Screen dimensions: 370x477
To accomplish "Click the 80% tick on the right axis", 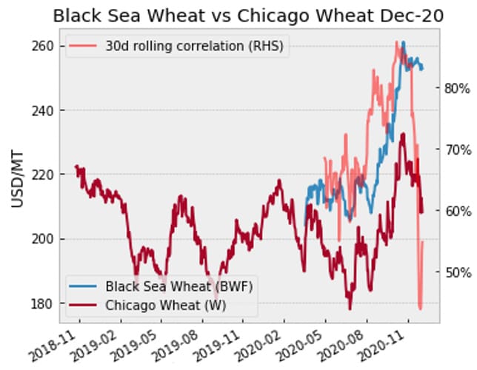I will point(456,88).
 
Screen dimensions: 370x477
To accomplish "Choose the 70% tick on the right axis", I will point(456,149).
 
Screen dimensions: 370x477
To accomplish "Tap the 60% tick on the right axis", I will point(456,211).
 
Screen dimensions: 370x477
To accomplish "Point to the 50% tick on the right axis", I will point(456,272).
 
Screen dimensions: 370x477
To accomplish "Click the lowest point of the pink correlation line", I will point(420,309).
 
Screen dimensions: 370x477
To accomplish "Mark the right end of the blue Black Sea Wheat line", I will point(423,69).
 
